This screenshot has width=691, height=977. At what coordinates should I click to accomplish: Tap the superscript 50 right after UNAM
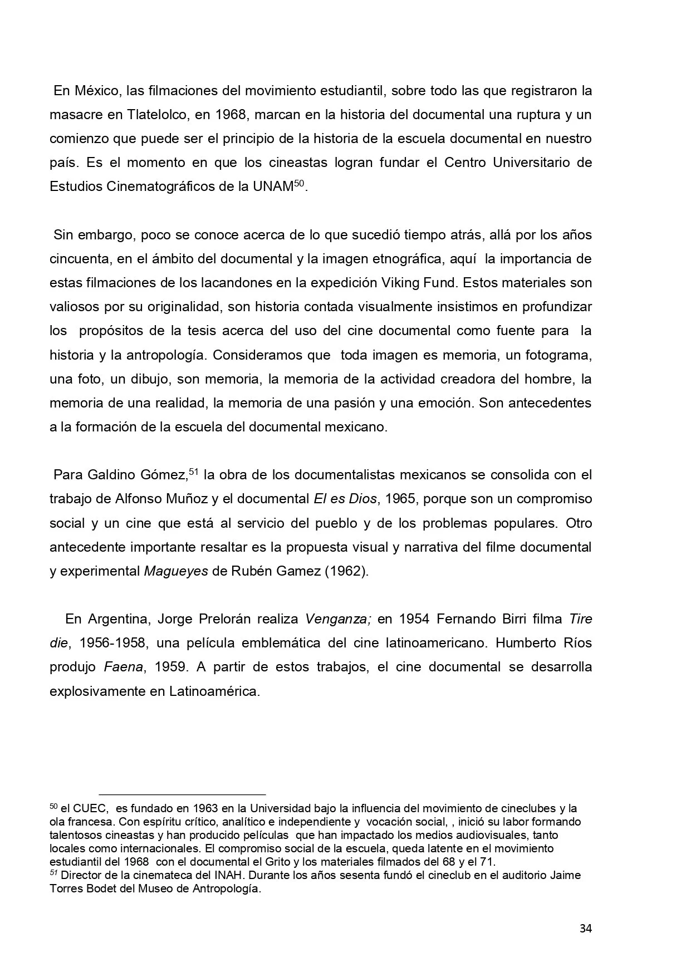coord(300,183)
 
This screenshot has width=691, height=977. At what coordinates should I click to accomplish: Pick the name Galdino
coord(111,475)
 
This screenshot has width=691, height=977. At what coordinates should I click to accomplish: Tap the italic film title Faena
coord(121,667)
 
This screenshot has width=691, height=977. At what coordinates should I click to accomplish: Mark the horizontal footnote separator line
coord(182,794)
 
